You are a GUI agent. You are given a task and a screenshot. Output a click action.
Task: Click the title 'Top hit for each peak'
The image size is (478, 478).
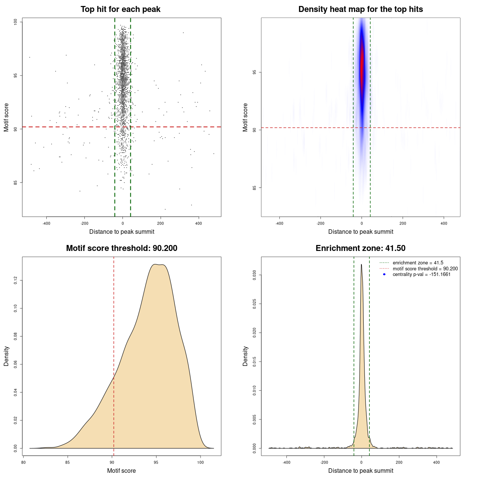point(120,9)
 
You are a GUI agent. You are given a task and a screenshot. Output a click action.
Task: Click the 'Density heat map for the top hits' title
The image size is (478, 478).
point(360,9)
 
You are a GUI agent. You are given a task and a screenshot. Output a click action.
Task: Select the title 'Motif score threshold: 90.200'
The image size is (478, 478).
point(121,248)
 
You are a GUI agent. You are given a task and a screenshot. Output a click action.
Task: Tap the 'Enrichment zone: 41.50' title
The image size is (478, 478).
point(360,248)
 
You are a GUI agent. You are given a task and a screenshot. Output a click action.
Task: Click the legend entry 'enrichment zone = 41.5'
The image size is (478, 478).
point(418,263)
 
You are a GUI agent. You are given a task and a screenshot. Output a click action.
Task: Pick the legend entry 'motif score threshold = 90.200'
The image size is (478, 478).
point(425,269)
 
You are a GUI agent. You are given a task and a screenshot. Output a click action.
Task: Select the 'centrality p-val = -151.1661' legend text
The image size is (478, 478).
point(422,274)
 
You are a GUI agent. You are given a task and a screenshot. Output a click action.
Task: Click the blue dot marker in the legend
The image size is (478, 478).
point(384,274)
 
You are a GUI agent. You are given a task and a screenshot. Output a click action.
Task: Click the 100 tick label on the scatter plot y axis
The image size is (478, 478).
point(16,22)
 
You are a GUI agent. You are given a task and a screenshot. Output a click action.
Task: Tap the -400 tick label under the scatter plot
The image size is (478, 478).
point(46,223)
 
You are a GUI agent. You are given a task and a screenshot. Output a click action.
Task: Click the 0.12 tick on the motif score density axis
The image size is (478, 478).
point(16,280)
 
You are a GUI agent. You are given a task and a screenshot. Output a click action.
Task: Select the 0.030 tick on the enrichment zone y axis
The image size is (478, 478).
point(255,275)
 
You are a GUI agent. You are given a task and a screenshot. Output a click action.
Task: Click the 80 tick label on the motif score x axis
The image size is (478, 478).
point(24,462)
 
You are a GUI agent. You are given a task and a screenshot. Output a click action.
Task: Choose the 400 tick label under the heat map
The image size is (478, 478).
point(444,223)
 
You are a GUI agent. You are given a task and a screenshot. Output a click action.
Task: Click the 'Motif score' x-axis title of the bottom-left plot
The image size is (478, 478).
point(121,471)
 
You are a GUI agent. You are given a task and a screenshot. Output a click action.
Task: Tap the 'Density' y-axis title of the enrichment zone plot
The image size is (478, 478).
point(245,356)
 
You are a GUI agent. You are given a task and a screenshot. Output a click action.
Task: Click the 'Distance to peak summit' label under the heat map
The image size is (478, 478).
point(360,232)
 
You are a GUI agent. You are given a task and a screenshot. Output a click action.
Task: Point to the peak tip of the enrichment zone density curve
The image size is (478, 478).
point(361,264)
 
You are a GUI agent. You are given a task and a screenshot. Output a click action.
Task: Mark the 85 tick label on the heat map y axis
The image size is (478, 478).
point(255,187)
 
